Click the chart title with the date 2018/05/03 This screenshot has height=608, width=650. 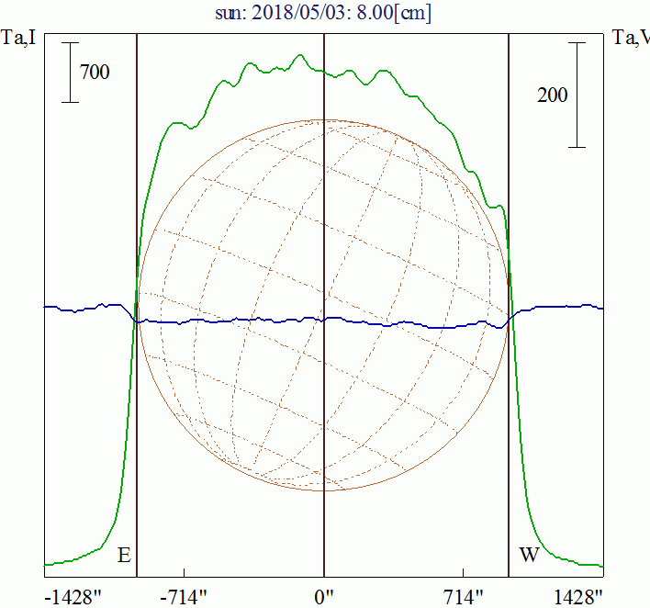(x=323, y=14)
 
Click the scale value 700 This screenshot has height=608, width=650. (x=95, y=72)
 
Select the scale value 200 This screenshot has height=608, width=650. (x=552, y=95)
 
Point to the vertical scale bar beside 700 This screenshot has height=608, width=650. (x=70, y=73)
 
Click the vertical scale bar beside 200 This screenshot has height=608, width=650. (x=577, y=95)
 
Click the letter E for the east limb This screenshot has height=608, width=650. (x=124, y=556)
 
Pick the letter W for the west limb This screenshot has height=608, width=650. (x=529, y=556)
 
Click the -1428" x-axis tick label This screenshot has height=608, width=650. (x=73, y=597)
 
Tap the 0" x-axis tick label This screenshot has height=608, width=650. (x=323, y=597)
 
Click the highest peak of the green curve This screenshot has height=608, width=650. (x=300, y=55)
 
